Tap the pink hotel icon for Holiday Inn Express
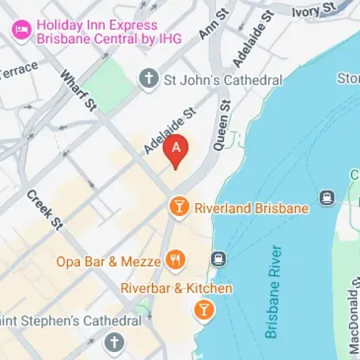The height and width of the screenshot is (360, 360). (20, 30)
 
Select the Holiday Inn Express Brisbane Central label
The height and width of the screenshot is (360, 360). (108, 30)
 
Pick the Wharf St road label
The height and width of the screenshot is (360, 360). (78, 91)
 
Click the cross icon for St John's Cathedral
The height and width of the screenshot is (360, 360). (148, 79)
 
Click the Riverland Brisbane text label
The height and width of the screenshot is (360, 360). (251, 208)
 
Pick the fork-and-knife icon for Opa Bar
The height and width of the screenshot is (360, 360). (174, 259)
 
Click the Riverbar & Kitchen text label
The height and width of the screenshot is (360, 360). (176, 289)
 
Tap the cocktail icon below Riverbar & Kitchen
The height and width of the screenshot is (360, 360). (204, 310)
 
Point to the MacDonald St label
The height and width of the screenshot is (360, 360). (353, 317)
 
